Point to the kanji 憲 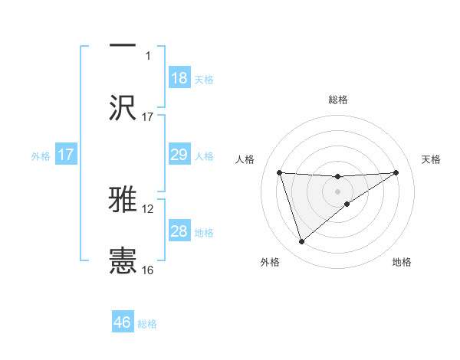click(x=123, y=260)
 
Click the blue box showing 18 click(x=179, y=78)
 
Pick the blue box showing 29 click(x=179, y=155)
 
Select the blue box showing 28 click(x=179, y=231)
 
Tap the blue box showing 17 click(x=66, y=155)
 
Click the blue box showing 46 click(x=123, y=322)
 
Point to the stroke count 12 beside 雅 click(x=148, y=208)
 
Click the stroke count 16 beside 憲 click(x=148, y=270)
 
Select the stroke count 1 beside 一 click(x=148, y=55)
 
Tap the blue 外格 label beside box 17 click(x=41, y=155)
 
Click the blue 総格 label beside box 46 click(x=147, y=324)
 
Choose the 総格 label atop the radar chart click(x=337, y=100)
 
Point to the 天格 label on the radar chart click(x=432, y=159)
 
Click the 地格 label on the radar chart click(x=402, y=262)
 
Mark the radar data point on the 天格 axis click(x=396, y=172)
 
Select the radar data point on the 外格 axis click(x=301, y=242)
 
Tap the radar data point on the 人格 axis click(x=279, y=172)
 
